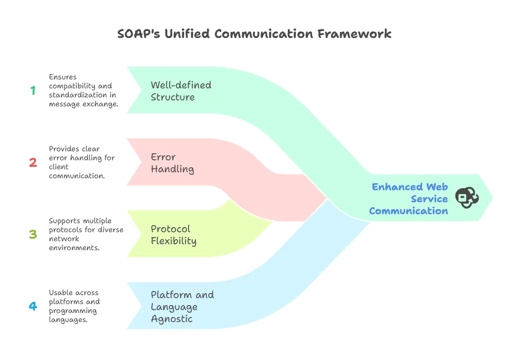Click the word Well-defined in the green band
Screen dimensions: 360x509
click(x=181, y=85)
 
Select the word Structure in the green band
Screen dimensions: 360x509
click(x=173, y=97)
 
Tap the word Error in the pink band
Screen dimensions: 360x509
click(x=163, y=157)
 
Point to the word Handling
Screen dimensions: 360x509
click(x=172, y=169)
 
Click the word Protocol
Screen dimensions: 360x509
click(x=171, y=229)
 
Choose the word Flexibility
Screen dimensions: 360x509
click(x=174, y=241)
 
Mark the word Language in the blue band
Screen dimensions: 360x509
click(x=174, y=307)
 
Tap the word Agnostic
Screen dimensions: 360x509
click(x=172, y=319)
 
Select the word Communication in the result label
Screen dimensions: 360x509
click(x=408, y=211)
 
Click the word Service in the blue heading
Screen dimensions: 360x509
click(x=431, y=199)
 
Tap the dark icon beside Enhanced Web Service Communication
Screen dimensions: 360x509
click(x=467, y=198)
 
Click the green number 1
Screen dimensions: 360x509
click(x=33, y=90)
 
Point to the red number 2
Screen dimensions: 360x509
click(x=33, y=162)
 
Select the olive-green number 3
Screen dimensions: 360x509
click(x=33, y=234)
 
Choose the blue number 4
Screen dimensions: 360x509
click(x=33, y=306)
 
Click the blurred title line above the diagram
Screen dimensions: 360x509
click(x=255, y=35)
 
